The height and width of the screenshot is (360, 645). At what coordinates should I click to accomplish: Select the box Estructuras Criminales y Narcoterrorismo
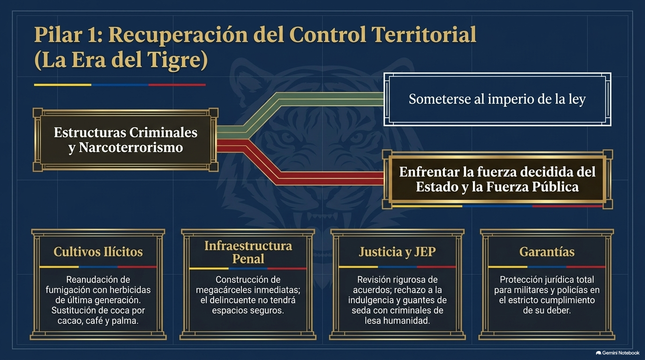click(126, 140)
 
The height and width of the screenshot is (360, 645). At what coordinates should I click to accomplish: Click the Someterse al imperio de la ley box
click(497, 99)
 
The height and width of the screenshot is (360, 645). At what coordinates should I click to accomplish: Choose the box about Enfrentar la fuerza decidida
click(497, 179)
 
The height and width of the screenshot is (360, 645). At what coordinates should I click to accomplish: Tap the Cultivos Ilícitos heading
click(98, 252)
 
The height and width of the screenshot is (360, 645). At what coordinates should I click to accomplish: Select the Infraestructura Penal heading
click(248, 252)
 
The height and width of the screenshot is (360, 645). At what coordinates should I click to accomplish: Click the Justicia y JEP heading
click(397, 252)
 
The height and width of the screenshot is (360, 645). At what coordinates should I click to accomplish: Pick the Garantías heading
click(547, 252)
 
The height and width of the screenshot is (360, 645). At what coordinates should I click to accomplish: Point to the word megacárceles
click(228, 290)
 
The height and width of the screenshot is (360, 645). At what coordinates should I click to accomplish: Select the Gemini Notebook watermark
click(618, 353)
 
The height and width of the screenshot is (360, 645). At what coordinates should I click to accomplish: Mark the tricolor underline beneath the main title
click(120, 85)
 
